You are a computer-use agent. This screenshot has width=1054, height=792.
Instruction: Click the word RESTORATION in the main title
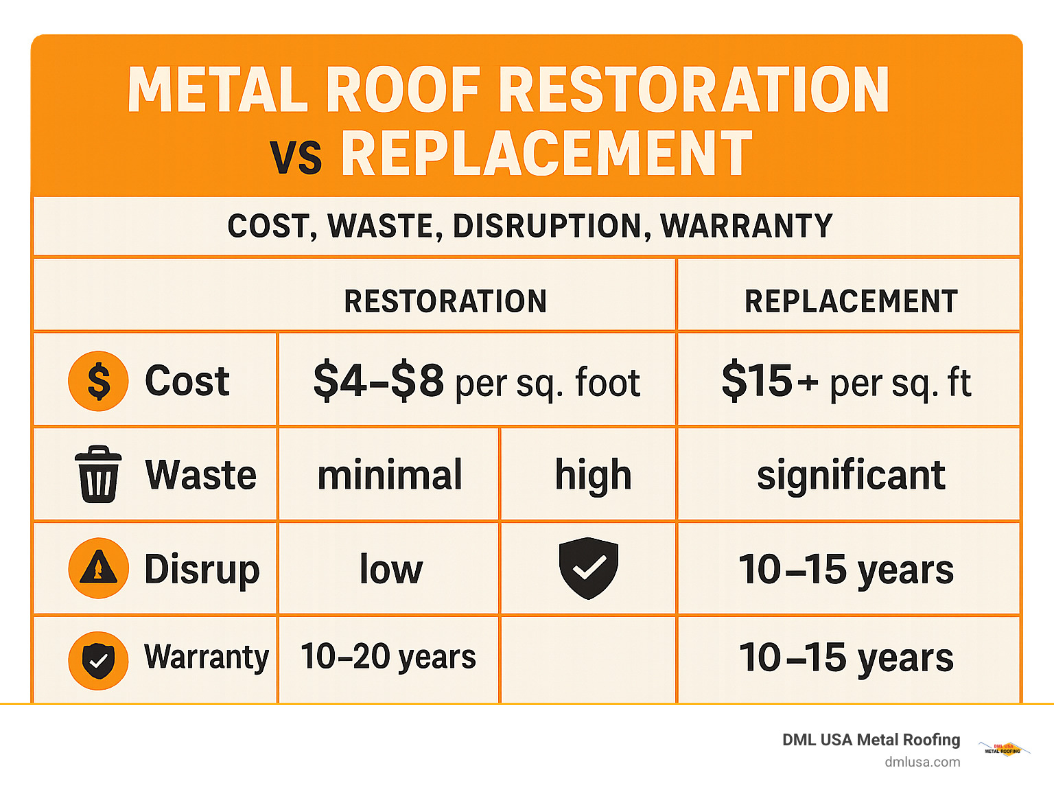click(x=694, y=90)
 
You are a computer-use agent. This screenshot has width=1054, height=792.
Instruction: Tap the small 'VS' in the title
click(x=296, y=157)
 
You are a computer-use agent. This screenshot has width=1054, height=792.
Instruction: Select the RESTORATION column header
click(x=445, y=301)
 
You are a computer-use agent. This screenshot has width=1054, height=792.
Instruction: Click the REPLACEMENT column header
click(x=851, y=301)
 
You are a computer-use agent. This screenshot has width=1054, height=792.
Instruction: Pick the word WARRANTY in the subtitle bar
click(x=746, y=226)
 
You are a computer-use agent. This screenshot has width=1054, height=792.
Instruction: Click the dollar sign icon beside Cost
click(x=98, y=381)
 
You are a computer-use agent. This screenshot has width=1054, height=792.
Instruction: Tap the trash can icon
click(x=98, y=474)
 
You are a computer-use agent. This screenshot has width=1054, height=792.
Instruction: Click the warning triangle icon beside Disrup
click(x=98, y=568)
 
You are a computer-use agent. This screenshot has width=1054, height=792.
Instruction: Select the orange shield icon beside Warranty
click(x=98, y=660)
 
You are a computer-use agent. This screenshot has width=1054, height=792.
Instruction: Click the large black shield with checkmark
click(x=588, y=568)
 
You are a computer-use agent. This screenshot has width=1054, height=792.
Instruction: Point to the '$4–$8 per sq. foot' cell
click(x=477, y=382)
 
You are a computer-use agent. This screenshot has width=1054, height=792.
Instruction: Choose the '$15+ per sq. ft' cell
click(x=847, y=382)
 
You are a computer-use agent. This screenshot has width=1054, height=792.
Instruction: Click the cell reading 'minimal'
click(x=390, y=475)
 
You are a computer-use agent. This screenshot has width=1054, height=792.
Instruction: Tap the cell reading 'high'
click(x=593, y=475)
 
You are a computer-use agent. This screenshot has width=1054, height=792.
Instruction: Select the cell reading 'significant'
click(x=851, y=475)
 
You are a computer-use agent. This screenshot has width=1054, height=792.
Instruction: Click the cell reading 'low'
click(x=391, y=569)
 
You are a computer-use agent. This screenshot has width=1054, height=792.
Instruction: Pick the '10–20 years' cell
click(x=388, y=657)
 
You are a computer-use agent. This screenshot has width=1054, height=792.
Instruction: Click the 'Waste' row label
click(x=200, y=475)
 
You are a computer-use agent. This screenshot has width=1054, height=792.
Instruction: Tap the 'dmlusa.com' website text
click(x=922, y=762)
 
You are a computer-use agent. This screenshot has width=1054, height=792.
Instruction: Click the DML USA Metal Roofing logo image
click(x=1003, y=749)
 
